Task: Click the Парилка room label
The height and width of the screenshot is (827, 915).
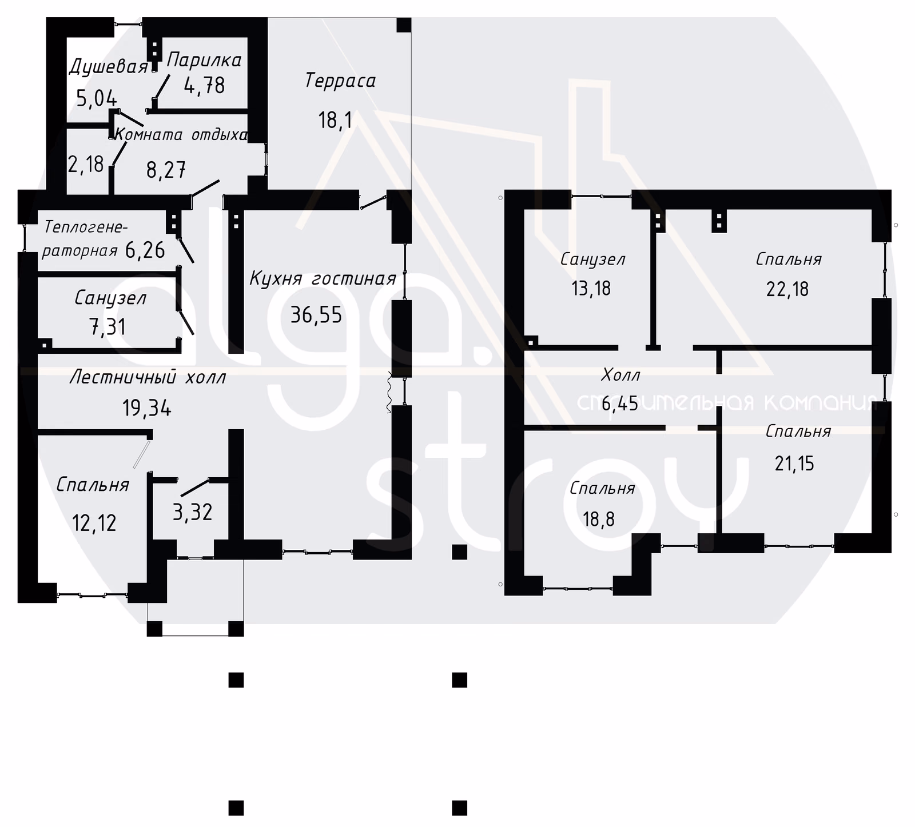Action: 204,59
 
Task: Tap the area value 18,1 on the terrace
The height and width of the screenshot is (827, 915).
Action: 335,120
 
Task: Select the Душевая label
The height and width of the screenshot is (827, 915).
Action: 109,67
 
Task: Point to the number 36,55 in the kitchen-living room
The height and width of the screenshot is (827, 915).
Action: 316,314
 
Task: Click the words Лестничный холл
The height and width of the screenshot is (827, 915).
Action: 148,377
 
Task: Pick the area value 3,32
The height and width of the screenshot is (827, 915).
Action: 193,512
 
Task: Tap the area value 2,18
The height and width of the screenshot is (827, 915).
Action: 86,165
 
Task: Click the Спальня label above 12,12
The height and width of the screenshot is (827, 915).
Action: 93,485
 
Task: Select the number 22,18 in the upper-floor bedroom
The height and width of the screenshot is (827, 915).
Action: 787,289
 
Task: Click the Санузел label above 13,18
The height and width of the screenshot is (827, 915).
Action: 592,259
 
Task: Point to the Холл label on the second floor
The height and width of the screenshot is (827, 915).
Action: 620,375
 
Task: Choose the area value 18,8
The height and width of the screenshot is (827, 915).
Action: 599,519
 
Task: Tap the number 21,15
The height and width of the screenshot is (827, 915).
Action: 795,463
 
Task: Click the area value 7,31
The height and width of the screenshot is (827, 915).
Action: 108,327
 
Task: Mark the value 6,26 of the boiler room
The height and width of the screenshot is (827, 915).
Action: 145,250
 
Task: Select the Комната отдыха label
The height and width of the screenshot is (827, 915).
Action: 181,135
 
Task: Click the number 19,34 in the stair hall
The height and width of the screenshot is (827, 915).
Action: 147,408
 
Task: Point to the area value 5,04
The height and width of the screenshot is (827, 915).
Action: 97,99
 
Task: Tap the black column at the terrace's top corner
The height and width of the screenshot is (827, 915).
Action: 404,25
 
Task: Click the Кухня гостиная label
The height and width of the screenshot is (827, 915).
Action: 323,279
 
